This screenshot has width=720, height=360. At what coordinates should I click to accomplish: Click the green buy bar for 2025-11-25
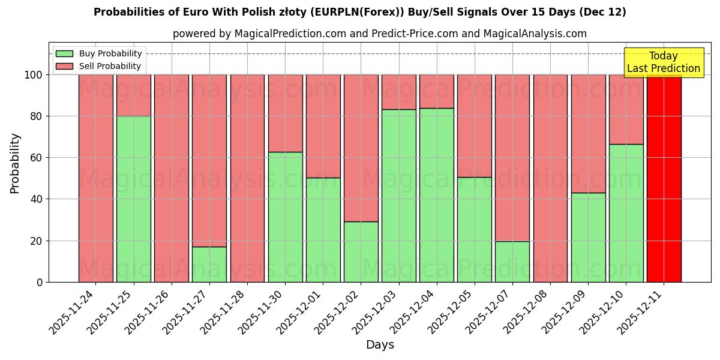coord(133,199)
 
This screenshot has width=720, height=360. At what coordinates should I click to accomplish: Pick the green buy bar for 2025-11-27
coord(209,264)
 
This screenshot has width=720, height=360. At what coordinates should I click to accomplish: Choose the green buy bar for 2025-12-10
coord(626,213)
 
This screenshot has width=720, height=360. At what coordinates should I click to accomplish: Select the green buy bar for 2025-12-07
coord(512,262)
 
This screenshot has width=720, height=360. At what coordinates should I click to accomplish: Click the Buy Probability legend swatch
coord(64,53)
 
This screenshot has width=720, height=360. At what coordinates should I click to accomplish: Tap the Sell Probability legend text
coord(110,66)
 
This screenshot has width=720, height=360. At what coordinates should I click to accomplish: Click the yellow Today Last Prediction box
coord(663,62)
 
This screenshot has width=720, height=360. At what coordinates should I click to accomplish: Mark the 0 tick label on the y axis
coord(40,282)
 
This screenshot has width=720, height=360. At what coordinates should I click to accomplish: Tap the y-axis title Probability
coord(15,163)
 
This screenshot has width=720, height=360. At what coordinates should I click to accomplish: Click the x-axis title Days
coord(380,345)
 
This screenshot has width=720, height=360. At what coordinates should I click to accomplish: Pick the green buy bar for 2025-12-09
coord(588,237)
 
